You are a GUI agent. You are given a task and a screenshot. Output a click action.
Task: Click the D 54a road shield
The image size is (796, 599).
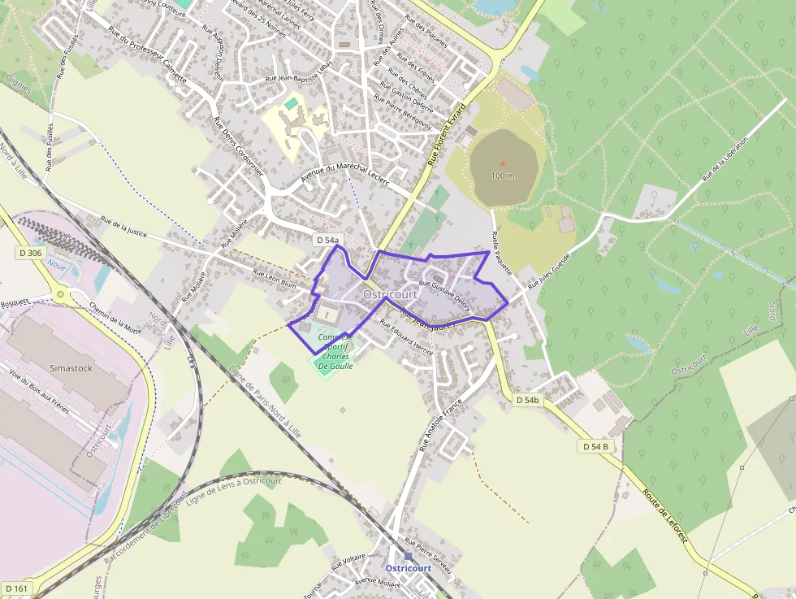pos(327,240)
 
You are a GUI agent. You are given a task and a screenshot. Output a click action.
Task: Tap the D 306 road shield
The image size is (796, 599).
pos(30,253)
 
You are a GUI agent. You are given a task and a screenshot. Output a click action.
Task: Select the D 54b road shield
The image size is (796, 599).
pos(527,401)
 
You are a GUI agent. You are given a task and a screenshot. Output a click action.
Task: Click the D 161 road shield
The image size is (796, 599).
pos(16,588)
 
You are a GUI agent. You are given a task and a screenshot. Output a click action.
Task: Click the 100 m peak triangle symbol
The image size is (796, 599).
pos(502,164)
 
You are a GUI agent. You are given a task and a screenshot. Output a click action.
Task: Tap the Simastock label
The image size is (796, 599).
pos(71,367)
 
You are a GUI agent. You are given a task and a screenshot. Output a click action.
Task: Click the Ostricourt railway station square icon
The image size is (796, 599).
pos(408,557)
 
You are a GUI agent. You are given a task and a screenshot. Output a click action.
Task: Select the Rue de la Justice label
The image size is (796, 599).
pos(123,226)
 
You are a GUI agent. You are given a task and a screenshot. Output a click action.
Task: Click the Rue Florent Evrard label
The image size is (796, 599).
pos(447,135)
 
